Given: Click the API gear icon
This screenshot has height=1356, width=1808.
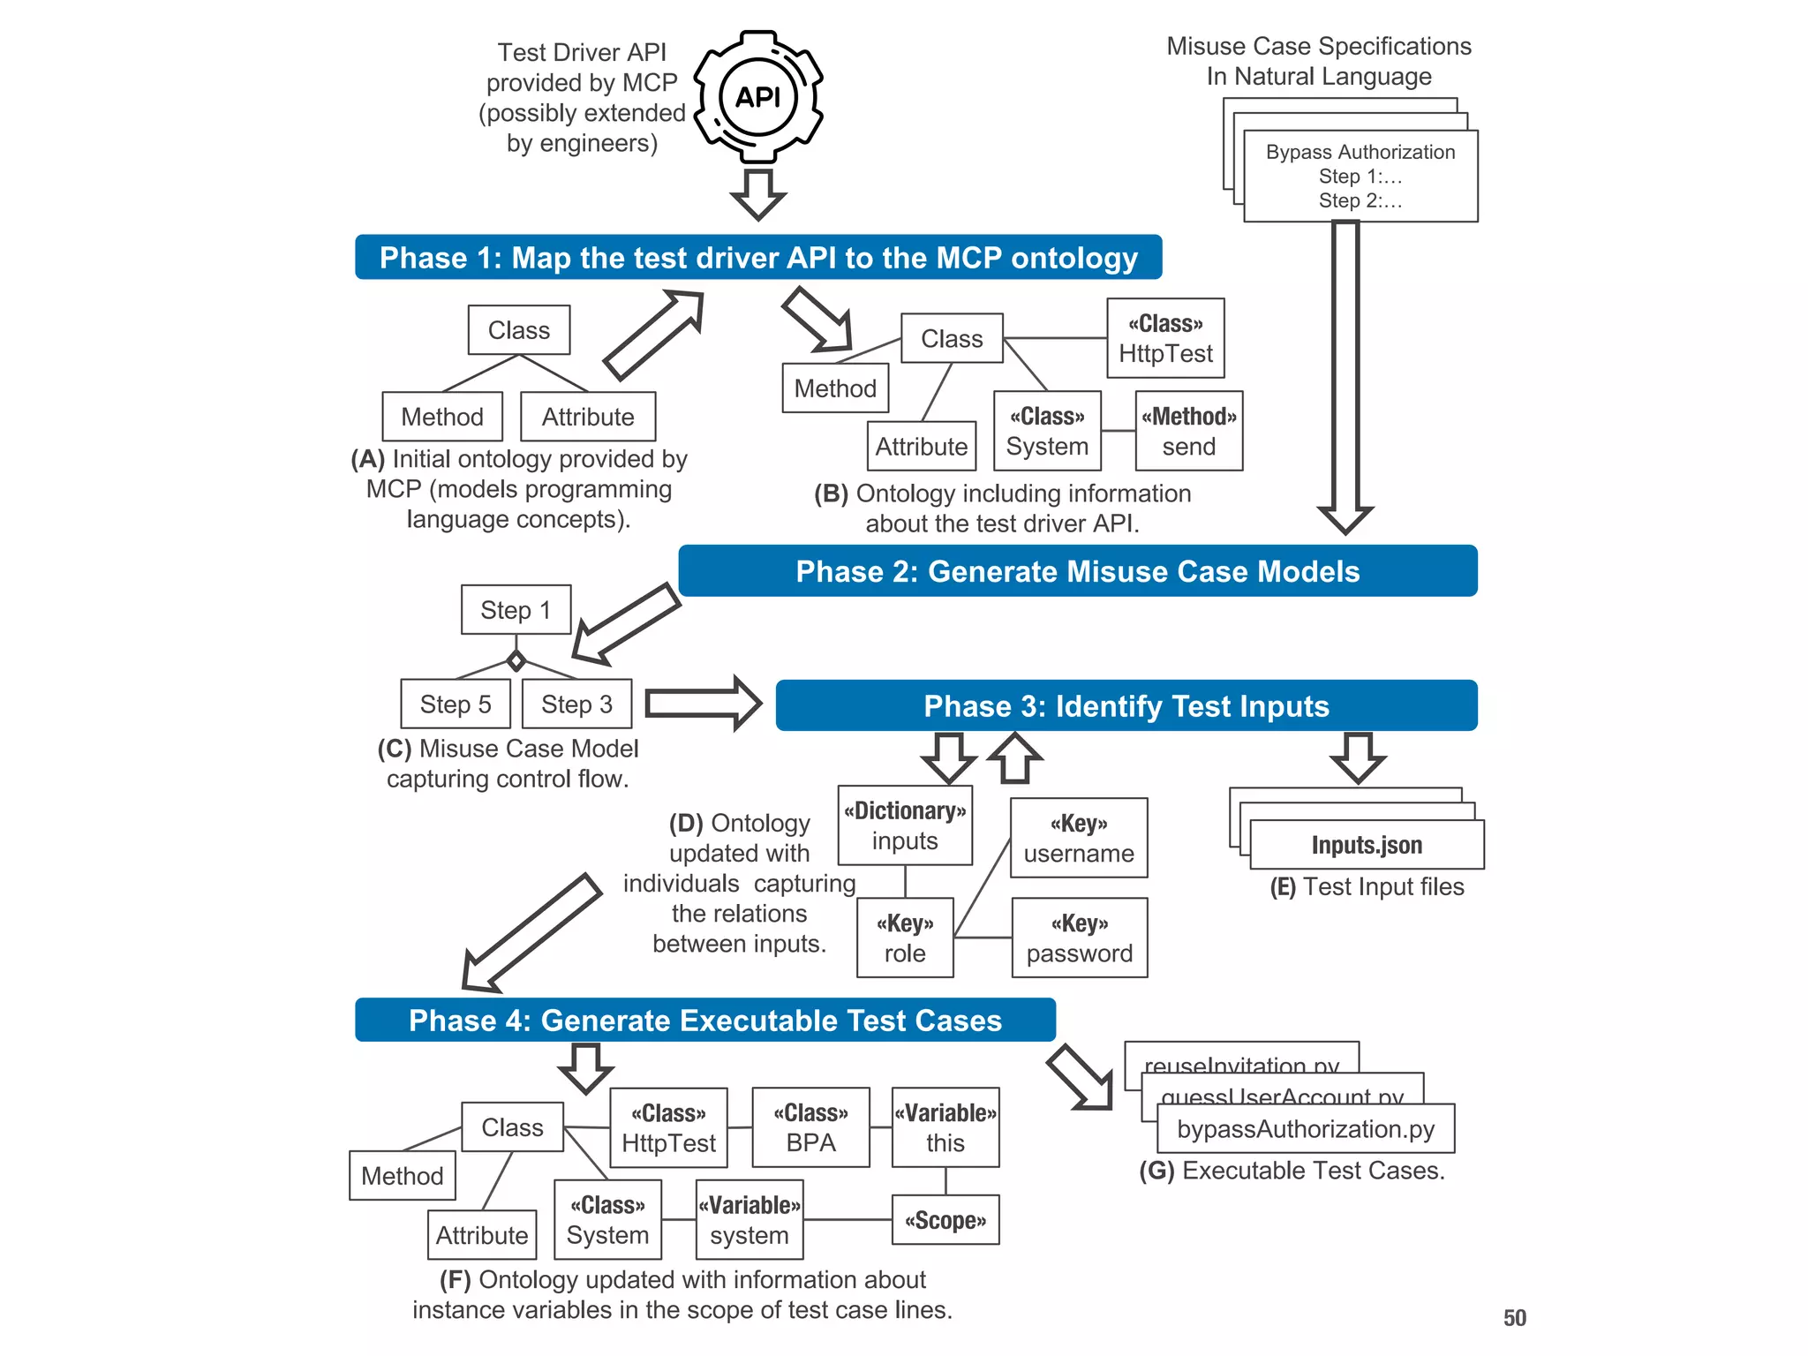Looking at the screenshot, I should (x=759, y=97).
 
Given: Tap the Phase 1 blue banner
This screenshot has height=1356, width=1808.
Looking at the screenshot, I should (x=757, y=258).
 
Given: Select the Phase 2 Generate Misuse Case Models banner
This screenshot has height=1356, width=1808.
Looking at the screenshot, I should (x=1077, y=571).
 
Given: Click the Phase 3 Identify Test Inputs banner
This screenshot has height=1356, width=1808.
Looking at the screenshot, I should (x=1126, y=706).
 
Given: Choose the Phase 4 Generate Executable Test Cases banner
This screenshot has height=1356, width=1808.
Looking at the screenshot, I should (x=704, y=1021).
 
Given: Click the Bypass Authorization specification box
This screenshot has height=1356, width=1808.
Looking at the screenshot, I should (x=1360, y=177).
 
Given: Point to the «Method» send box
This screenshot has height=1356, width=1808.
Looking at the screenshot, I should (x=1188, y=432).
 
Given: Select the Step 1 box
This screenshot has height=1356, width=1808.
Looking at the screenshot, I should (x=516, y=610).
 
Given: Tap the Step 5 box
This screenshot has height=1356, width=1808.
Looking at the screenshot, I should (x=456, y=704).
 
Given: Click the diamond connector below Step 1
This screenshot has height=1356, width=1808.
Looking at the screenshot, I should (x=516, y=660).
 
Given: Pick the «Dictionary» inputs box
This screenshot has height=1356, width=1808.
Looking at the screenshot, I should (x=905, y=825).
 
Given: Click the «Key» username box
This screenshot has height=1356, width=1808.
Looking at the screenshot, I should (x=1078, y=839).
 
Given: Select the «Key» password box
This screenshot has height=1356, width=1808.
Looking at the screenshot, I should (x=1079, y=938).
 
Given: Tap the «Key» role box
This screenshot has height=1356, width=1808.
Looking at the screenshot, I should (x=905, y=938).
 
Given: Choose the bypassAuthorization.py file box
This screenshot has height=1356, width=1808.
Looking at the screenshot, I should (x=1305, y=1129).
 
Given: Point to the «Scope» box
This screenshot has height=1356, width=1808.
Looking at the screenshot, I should (x=945, y=1220).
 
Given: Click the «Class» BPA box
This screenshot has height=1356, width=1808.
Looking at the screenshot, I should (x=810, y=1128).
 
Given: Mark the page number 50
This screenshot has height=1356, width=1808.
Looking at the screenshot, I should (x=1514, y=1318).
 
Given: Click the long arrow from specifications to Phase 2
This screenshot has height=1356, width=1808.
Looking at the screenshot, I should (x=1345, y=371).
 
